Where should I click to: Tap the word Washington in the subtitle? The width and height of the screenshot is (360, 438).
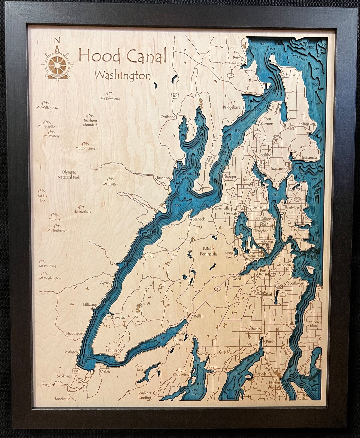coord(122,76)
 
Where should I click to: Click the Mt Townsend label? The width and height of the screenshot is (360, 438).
coord(110,99)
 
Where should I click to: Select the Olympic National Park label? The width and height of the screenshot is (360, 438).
coord(69,175)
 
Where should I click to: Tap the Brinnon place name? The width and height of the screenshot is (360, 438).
coord(163,178)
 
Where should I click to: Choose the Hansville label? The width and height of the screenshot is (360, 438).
coord(293,75)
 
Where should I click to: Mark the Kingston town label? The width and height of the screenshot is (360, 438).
coord(307,123)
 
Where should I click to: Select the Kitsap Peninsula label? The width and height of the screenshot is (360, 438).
coord(210,251)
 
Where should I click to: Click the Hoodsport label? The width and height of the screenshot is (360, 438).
coord(75,333)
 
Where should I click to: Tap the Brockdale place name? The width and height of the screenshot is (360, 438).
coord(63,398)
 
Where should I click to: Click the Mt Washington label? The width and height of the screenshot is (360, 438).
coord(50,278)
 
